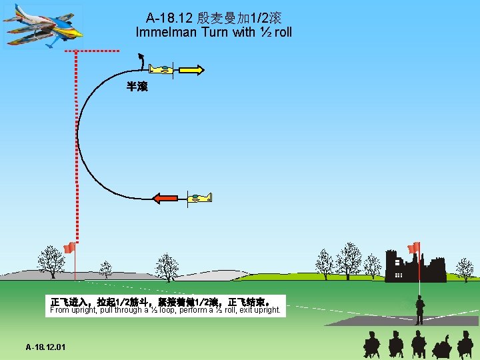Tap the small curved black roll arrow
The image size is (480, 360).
pos(141,62)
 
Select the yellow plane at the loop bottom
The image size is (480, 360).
pos(199,197)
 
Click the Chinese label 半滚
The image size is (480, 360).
pos(137,87)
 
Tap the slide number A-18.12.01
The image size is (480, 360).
pos(45,347)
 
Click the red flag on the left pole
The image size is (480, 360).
pos(69,248)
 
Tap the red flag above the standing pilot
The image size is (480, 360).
pos(414,247)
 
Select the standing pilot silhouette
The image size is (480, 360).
pos(419,311)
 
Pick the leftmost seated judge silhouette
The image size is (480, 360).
pos(371,345)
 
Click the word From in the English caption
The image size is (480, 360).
pos(60,310)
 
